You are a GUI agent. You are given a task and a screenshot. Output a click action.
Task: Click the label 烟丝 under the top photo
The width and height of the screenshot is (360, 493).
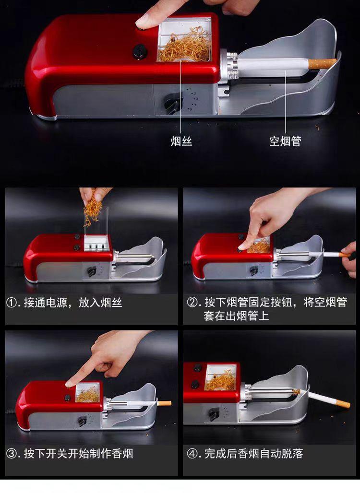click(x=181, y=141)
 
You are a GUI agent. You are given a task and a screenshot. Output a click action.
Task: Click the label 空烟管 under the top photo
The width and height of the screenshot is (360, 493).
click(x=285, y=141)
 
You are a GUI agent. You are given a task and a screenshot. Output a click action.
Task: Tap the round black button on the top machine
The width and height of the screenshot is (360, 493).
click(x=139, y=51)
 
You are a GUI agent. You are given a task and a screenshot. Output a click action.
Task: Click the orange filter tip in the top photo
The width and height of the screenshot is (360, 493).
click(x=322, y=63)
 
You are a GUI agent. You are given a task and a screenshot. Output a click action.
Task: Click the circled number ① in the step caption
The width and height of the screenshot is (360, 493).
click(x=12, y=303)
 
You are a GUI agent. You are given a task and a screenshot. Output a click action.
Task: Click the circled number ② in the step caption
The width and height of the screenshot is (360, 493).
click(x=192, y=303)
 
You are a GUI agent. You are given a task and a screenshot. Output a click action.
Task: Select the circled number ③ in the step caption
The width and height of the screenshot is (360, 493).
click(x=12, y=454)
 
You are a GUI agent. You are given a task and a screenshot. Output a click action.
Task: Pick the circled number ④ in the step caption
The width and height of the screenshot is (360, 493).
click(x=192, y=454)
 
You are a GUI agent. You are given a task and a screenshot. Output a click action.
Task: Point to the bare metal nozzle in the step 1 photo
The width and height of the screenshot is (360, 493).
click(x=135, y=258)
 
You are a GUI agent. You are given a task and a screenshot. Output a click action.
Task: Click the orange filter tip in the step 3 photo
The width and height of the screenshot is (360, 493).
click(x=165, y=403)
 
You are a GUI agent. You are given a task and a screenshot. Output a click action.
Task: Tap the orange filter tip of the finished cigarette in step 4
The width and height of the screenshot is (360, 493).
click(x=342, y=403)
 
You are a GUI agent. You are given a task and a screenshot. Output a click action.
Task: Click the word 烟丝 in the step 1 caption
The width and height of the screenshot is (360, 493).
click(x=111, y=303)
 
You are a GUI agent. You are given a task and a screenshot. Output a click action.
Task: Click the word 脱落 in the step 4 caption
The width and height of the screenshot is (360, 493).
click(x=292, y=454)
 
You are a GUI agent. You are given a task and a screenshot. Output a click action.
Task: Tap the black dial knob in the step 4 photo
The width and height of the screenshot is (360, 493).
click(x=215, y=414)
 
